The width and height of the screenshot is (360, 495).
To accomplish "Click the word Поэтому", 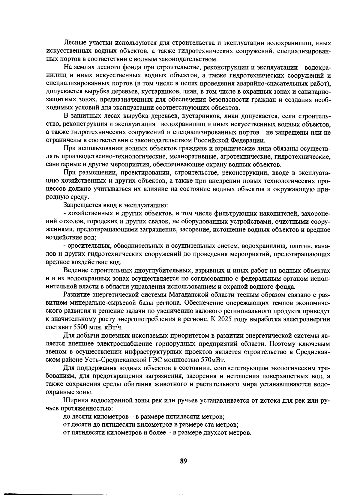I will [x=285, y=344].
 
